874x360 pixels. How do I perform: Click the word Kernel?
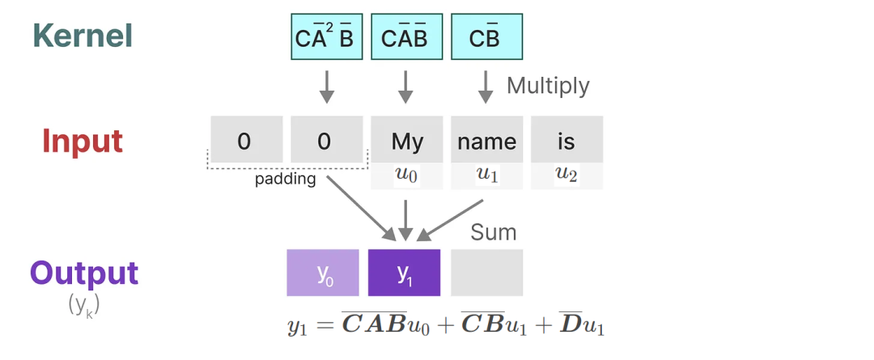click(x=83, y=36)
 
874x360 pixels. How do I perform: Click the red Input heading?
click(x=83, y=142)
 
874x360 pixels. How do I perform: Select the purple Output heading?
click(x=84, y=273)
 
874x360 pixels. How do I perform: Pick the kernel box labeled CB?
click(x=486, y=36)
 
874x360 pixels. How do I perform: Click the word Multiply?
click(x=548, y=86)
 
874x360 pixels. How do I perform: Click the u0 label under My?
click(x=407, y=176)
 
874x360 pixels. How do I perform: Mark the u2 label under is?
click(x=566, y=176)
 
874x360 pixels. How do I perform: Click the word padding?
click(x=286, y=180)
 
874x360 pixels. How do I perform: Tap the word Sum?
click(x=494, y=232)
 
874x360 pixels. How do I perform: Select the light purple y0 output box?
click(x=323, y=273)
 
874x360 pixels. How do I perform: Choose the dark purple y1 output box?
click(x=404, y=273)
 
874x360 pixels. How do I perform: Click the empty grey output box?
click(x=486, y=273)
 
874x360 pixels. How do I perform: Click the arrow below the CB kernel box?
click(x=486, y=87)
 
